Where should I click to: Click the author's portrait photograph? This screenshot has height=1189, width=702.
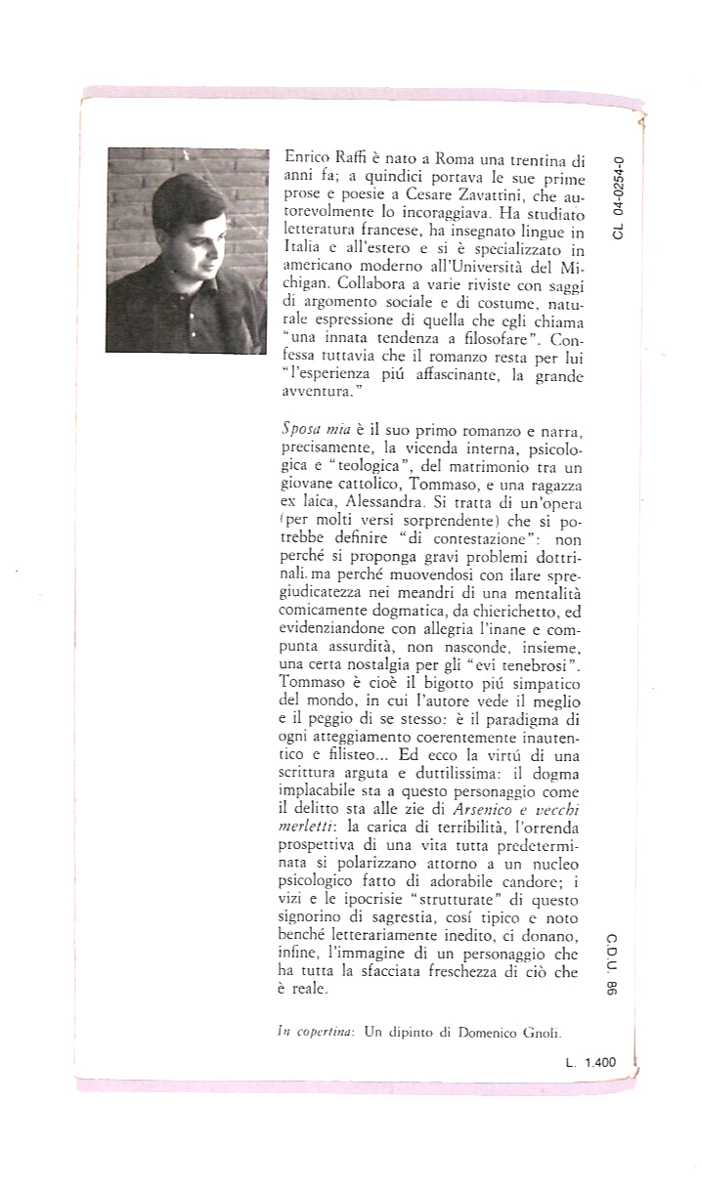[186, 249]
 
